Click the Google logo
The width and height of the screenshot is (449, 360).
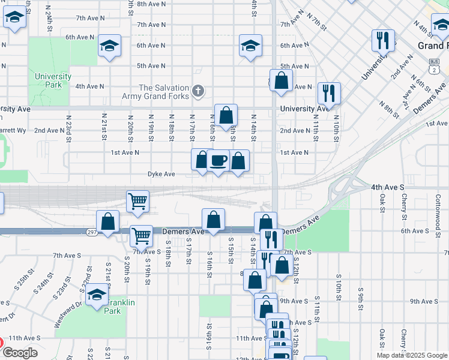click(x=20, y=353)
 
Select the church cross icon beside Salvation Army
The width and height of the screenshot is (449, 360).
click(x=199, y=92)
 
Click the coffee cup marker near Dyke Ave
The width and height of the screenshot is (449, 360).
click(x=218, y=161)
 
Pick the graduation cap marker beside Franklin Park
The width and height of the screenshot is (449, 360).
click(x=96, y=295)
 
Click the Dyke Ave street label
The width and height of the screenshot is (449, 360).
click(x=161, y=174)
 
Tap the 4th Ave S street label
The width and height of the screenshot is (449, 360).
click(x=388, y=187)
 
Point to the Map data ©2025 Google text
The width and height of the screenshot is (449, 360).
click(x=412, y=355)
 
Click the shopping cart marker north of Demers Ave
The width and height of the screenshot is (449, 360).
click(x=138, y=202)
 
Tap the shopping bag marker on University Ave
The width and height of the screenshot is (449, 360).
click(x=226, y=115)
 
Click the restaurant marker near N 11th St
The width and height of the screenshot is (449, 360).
click(x=329, y=93)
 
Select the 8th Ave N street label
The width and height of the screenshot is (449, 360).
click(x=151, y=4)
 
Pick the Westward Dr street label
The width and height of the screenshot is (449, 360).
click(x=65, y=314)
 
